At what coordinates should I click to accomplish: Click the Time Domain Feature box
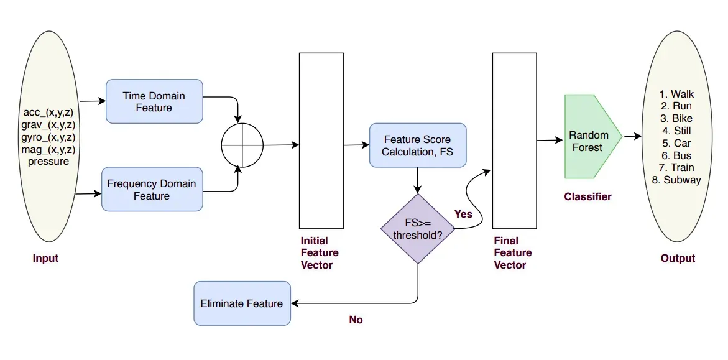point(154,101)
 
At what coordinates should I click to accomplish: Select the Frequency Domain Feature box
point(152,189)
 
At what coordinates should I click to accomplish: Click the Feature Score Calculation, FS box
point(417,145)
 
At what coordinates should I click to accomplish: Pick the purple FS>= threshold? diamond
point(417,228)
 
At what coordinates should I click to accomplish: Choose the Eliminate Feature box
point(242,303)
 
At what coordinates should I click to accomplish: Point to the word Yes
point(464,214)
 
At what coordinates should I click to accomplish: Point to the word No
point(356,320)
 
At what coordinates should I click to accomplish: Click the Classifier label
point(587,196)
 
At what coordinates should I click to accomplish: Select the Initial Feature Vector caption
point(320,252)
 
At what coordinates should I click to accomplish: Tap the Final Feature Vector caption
point(513,252)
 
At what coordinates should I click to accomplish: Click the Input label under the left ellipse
point(45,258)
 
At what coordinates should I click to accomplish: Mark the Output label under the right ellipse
point(678,258)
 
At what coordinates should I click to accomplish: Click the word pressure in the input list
point(48,161)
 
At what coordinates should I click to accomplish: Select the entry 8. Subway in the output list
point(676,180)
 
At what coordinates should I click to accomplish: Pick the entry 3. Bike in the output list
point(676,118)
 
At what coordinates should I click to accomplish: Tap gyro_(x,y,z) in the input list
point(48,137)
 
